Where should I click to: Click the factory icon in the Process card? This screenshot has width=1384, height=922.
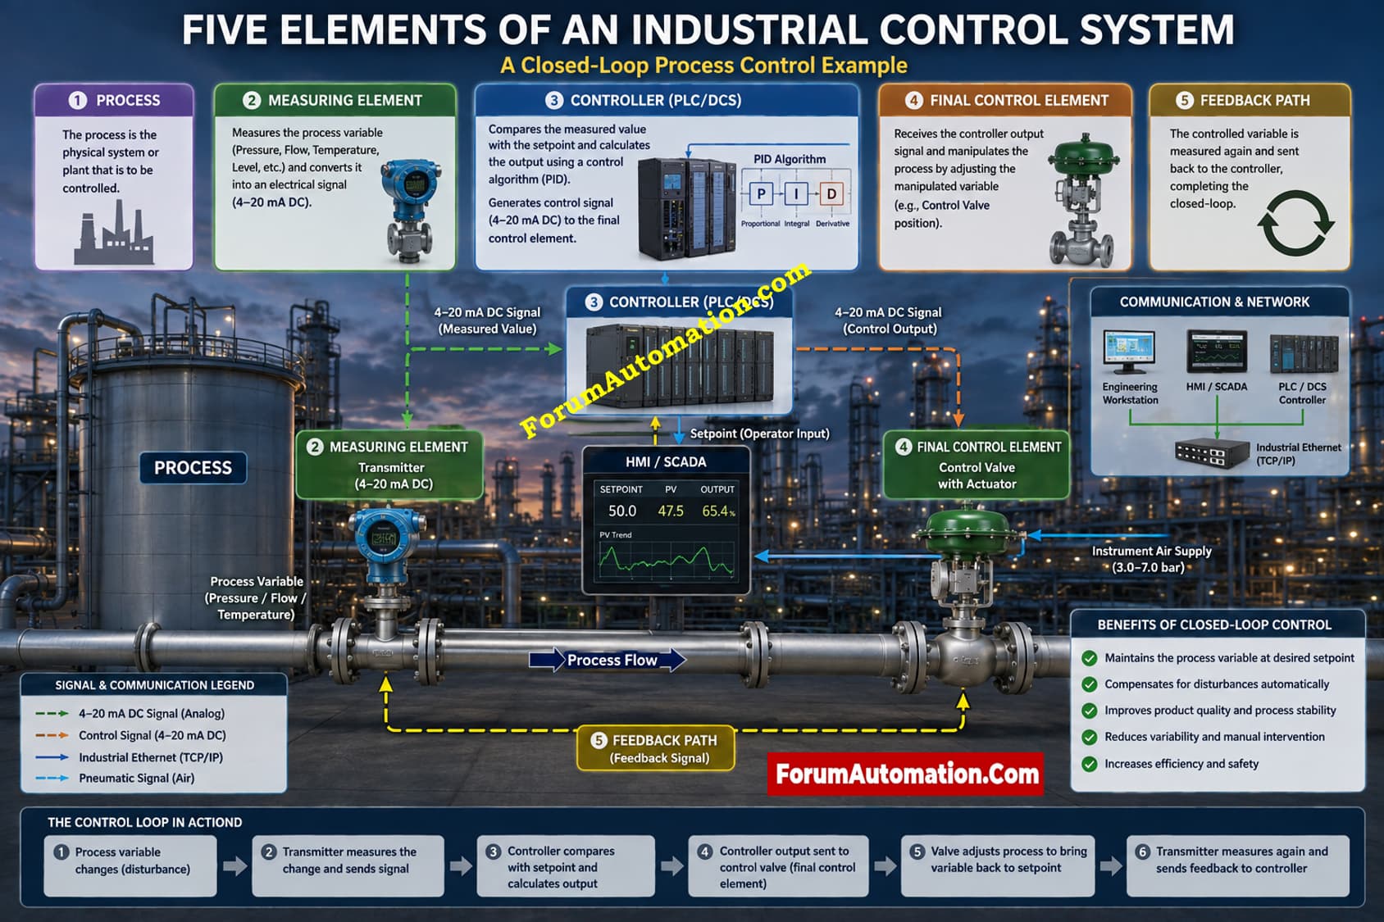coord(114,233)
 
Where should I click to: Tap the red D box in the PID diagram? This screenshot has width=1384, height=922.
coord(831,194)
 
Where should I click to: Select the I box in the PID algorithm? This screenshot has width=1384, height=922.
coord(796,194)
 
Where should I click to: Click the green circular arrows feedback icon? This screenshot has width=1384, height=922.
coord(1295,223)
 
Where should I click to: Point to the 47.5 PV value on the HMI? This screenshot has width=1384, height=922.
coord(671,511)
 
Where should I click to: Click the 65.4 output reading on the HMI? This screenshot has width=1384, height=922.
coord(718,511)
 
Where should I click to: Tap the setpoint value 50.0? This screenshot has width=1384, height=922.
coord(622,511)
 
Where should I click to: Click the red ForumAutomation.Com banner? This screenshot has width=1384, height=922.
coord(906,774)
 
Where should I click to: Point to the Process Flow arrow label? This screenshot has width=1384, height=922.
coord(608,660)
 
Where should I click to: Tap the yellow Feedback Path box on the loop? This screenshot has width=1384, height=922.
coord(656,748)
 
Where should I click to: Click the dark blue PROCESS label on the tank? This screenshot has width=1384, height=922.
coord(193,467)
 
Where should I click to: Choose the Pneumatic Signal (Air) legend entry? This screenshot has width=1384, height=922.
coord(116,778)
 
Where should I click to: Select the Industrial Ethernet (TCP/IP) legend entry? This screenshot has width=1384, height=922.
coord(129,757)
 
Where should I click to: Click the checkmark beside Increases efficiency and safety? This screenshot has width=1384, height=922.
coord(1090,764)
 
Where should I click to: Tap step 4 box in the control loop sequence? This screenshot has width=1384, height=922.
coord(779,865)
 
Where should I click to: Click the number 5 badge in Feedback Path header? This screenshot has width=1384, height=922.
coord(1185,101)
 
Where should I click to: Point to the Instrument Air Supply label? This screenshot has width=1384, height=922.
coord(1151,559)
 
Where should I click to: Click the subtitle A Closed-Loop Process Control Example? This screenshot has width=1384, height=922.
coord(703,65)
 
